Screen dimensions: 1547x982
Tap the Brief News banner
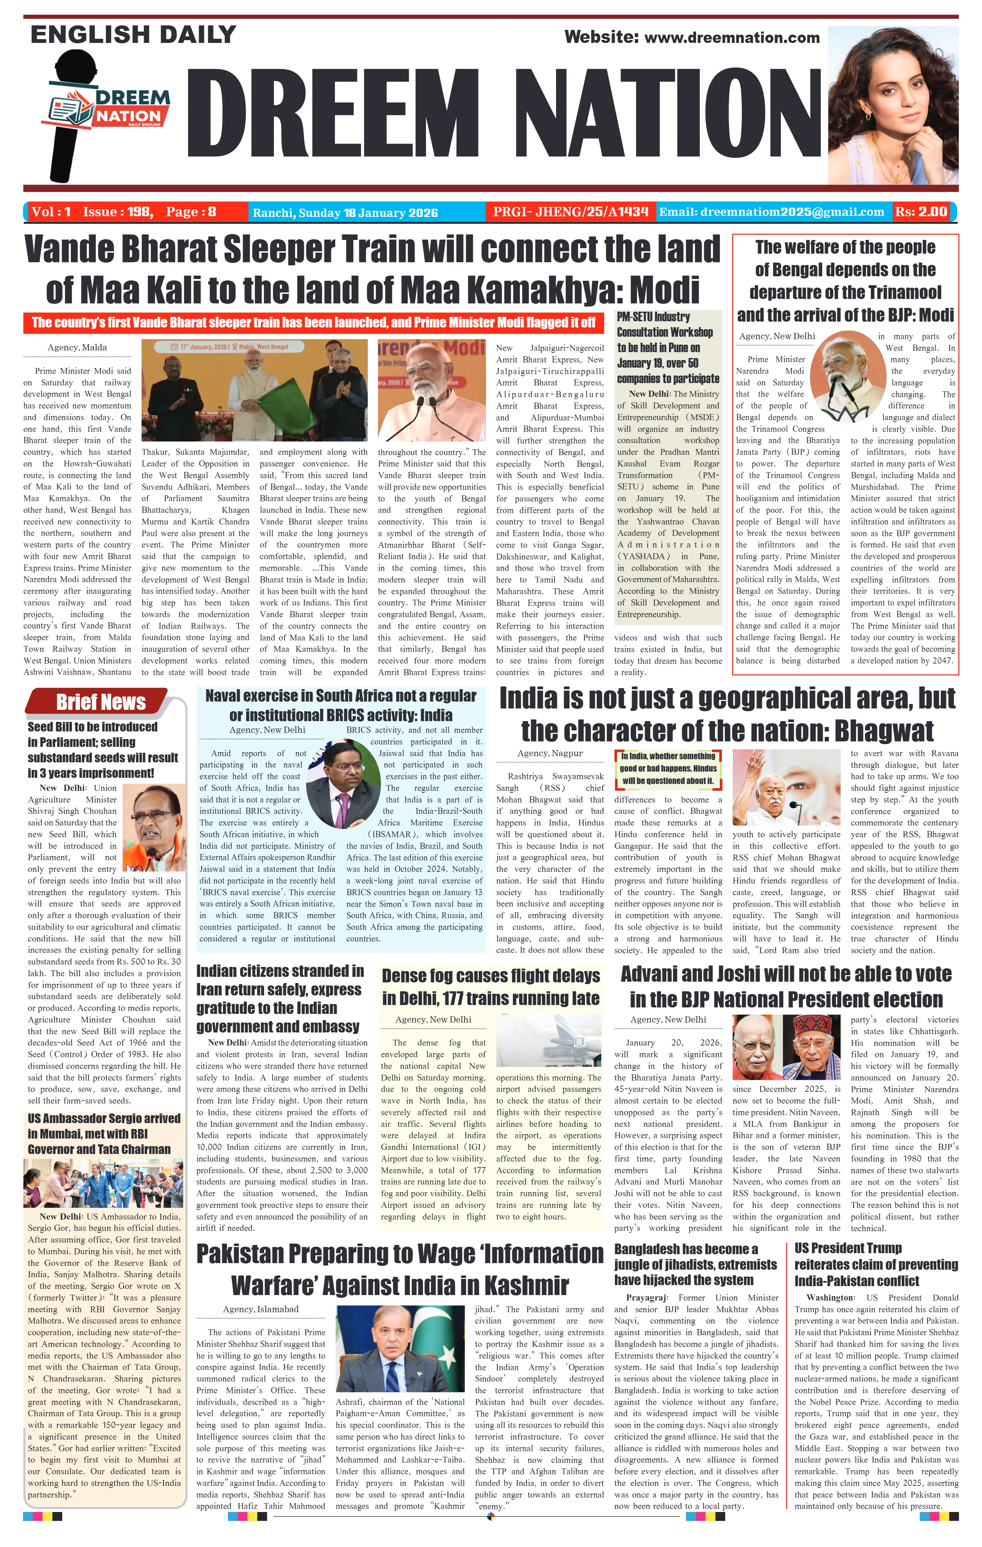[101, 702]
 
